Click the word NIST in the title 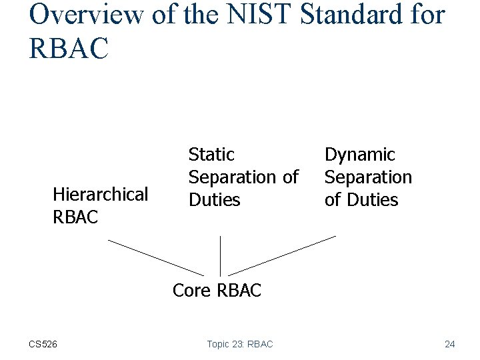point(254,14)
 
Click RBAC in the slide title point(68,48)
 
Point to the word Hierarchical point(100,195)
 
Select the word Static point(211,155)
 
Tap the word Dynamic point(359,155)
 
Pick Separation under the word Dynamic point(368,177)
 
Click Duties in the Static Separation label point(214,200)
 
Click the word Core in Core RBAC point(191,291)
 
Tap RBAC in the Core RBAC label point(239,291)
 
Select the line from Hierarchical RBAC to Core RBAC point(156,257)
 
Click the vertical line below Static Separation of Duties point(220,255)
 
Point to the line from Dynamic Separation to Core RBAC point(282,255)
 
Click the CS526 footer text point(43,344)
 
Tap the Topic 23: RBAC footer point(239,344)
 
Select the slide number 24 point(449,344)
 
